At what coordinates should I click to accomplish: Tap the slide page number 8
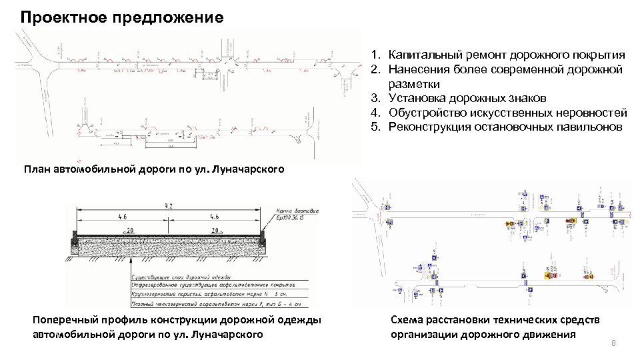(x=614, y=343)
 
